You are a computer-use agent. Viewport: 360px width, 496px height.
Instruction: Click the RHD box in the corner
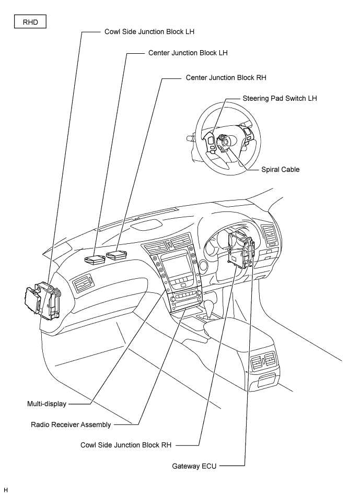tap(30, 22)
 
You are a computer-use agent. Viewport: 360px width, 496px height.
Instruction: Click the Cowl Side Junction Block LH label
tap(149, 32)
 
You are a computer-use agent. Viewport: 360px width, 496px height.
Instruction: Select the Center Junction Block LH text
tap(188, 53)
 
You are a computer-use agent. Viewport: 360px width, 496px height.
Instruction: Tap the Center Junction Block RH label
tap(226, 77)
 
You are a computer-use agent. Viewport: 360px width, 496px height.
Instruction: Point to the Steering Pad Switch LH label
tap(280, 98)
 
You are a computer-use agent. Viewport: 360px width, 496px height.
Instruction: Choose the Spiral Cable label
tap(281, 170)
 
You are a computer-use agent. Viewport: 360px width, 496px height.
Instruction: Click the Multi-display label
tap(47, 404)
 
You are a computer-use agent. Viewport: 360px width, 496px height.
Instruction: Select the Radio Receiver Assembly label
tap(71, 425)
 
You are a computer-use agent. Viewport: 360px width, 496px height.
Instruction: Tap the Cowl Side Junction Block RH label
tap(126, 445)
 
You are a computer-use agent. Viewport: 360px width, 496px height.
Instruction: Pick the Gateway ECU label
tap(194, 466)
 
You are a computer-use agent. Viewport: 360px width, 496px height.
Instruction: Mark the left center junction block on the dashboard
tap(95, 259)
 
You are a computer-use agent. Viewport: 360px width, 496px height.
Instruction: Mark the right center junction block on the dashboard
tap(117, 255)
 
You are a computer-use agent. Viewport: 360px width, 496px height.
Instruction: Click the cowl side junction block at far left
tap(42, 301)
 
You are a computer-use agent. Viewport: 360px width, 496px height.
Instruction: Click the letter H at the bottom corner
tap(6, 490)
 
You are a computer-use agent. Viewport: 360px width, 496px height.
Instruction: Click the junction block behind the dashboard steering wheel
tap(241, 250)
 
